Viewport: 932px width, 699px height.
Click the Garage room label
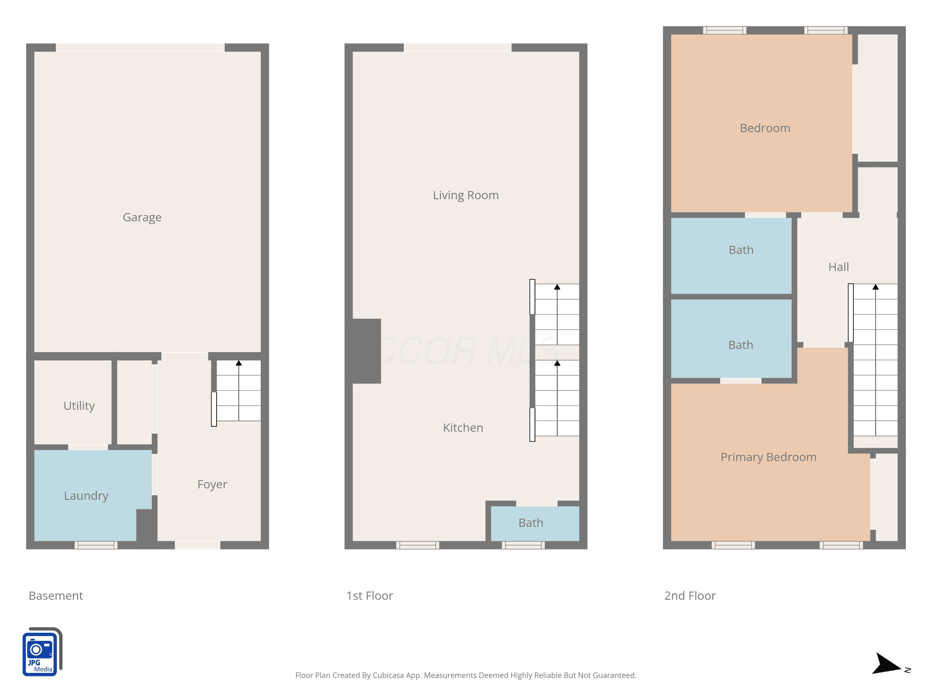coord(142,217)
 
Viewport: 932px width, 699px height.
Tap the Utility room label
coord(79,406)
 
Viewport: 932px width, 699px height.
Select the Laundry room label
coord(86,496)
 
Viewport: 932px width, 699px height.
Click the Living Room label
coord(466,195)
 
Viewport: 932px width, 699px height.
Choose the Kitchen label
coord(463,428)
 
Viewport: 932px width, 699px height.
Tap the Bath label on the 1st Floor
coord(531,523)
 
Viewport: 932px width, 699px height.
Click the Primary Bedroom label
coord(769,457)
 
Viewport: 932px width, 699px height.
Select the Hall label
coord(838,267)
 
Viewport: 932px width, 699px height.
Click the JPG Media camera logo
coord(42,652)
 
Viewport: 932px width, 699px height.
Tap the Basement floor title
coord(56,596)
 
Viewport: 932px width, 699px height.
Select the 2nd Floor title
coord(690,596)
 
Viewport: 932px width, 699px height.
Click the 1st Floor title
coord(369,596)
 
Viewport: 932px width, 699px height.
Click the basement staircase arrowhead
coord(239,363)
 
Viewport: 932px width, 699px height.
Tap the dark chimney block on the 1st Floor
coord(363,351)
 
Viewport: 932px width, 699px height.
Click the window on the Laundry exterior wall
coord(96,545)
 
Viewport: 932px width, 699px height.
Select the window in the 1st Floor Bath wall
coord(523,545)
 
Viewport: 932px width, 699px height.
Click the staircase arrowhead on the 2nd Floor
coord(875,287)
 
